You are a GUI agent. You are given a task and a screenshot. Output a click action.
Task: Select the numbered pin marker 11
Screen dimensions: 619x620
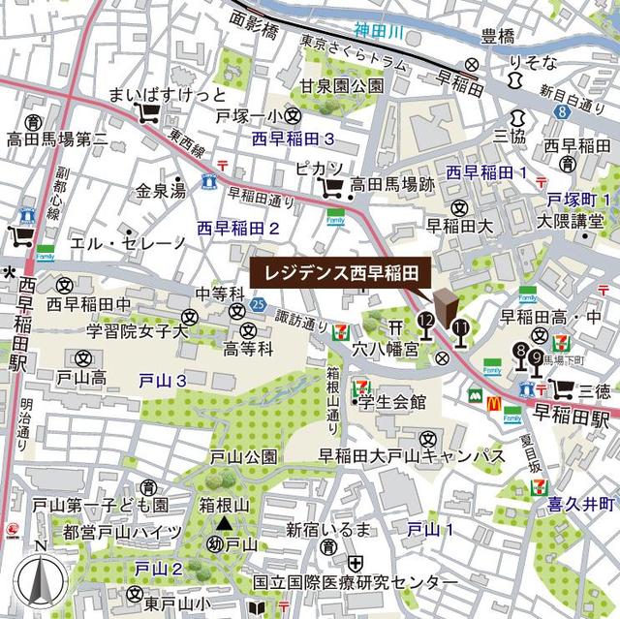coord(459,331)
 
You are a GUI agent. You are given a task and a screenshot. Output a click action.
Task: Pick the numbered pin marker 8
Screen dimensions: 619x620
coord(523,353)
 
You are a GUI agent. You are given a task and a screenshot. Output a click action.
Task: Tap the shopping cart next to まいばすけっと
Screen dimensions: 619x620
coord(148,115)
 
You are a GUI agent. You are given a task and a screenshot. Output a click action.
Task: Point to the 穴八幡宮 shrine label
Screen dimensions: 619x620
coord(390,346)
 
